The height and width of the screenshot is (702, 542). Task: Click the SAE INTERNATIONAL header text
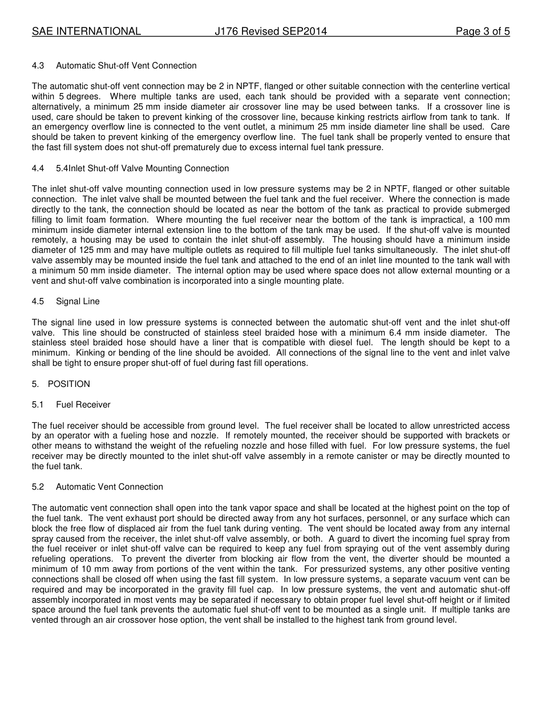pyautogui.click(x=86, y=31)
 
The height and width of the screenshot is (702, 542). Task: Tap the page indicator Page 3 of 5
pyautogui.click(x=482, y=31)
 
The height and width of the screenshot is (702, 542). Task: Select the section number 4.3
pyautogui.click(x=38, y=66)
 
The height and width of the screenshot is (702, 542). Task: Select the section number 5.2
pyautogui.click(x=38, y=487)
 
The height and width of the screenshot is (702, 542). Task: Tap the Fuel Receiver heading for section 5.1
pyautogui.click(x=83, y=405)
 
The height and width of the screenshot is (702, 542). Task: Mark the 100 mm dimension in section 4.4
pyautogui.click(x=494, y=220)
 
